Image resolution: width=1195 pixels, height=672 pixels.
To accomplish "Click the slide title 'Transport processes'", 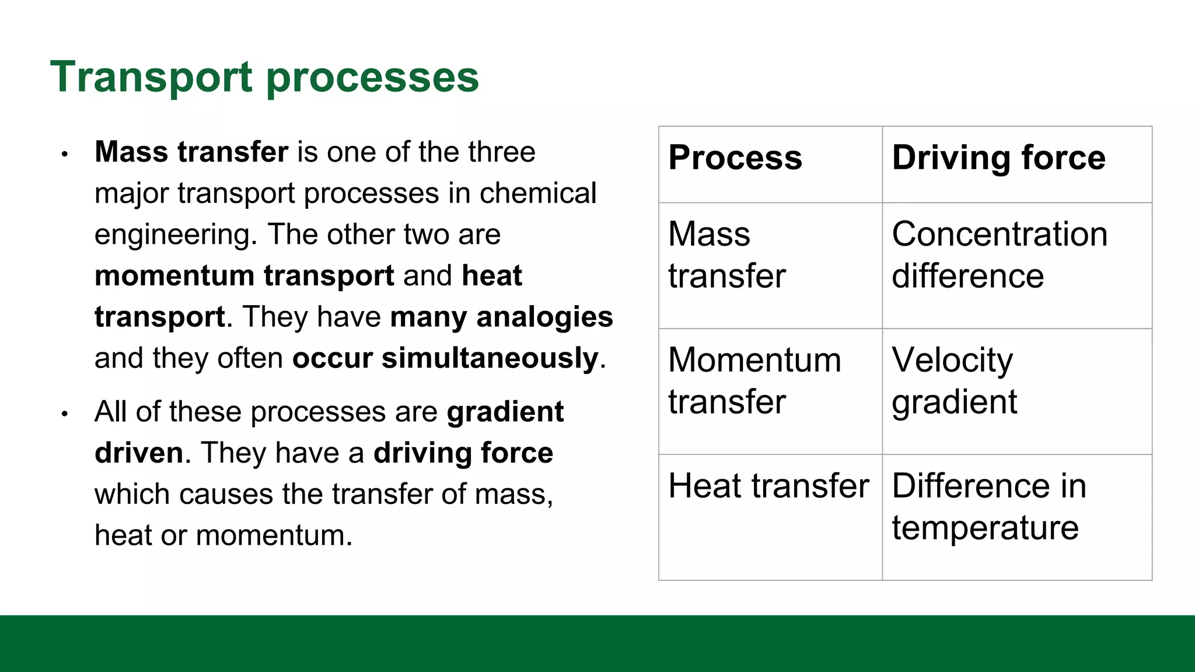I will pyautogui.click(x=264, y=77).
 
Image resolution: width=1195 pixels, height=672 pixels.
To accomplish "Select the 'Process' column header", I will pyautogui.click(x=735, y=157).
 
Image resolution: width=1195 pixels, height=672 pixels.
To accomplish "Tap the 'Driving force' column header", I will pyautogui.click(x=998, y=157).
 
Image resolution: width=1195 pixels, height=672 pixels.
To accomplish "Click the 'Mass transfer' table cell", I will pyautogui.click(x=726, y=255).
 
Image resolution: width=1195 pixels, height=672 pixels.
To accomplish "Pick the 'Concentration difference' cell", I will pyautogui.click(x=999, y=255).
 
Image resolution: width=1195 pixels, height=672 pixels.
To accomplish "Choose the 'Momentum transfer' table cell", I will pyautogui.click(x=754, y=380).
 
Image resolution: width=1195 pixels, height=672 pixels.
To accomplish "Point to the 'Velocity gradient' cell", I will pyautogui.click(x=954, y=380).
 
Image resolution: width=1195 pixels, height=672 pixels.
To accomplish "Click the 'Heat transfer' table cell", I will pyautogui.click(x=768, y=486).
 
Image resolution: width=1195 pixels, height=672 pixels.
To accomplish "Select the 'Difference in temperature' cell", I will pyautogui.click(x=988, y=506).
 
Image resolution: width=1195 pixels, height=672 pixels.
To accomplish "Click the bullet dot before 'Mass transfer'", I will pyautogui.click(x=65, y=155).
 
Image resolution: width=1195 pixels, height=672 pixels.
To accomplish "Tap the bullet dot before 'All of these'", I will pyautogui.click(x=65, y=414).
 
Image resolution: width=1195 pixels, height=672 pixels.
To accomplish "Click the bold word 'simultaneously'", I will pyautogui.click(x=490, y=358).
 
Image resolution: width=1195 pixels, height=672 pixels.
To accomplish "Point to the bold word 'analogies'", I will pyautogui.click(x=544, y=317).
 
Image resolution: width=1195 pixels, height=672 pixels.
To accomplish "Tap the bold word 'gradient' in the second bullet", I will pyautogui.click(x=505, y=412).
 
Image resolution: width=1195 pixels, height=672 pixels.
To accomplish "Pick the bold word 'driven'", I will pyautogui.click(x=139, y=453).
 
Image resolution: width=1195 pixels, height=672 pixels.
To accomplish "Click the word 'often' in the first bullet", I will pyautogui.click(x=250, y=358).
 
